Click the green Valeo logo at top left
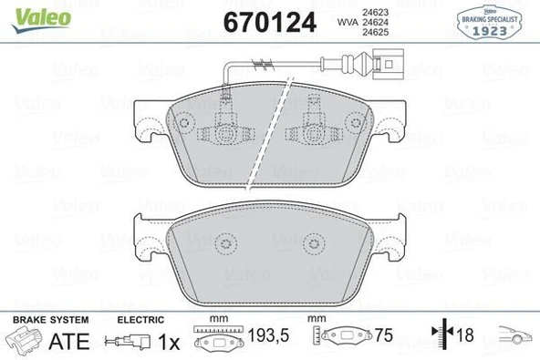tap(41, 20)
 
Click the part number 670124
tap(270, 22)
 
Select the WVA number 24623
tap(375, 13)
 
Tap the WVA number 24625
tap(375, 32)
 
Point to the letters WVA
tap(348, 23)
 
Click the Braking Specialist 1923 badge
tap(489, 23)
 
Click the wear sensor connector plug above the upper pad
tap(389, 64)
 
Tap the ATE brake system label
tap(69, 341)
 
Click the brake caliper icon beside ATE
tap(24, 340)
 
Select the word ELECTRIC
tap(140, 320)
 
